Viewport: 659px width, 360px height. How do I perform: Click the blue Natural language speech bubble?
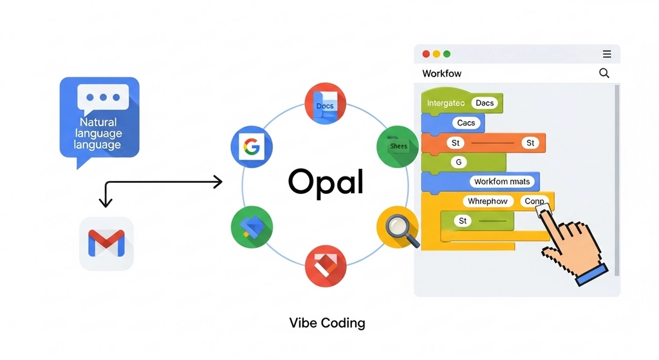click(x=99, y=119)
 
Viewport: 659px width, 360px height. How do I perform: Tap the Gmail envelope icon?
click(x=106, y=243)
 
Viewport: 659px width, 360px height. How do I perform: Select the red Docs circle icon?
click(x=325, y=104)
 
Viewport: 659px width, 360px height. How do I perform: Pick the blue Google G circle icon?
click(x=251, y=147)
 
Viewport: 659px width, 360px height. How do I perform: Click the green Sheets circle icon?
click(x=397, y=146)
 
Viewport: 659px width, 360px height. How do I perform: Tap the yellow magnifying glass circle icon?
click(x=397, y=227)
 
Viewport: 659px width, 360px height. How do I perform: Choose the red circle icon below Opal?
click(x=325, y=265)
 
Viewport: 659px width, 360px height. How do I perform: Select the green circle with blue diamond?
click(x=252, y=227)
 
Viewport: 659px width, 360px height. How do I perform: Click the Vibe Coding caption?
click(x=327, y=323)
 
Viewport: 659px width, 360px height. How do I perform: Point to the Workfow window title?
click(x=441, y=73)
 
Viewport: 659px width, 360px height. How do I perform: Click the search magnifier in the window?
click(x=604, y=73)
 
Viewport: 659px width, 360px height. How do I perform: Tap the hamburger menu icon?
click(x=606, y=54)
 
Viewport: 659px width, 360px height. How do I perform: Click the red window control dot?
click(x=425, y=54)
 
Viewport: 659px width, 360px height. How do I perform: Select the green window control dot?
click(x=447, y=54)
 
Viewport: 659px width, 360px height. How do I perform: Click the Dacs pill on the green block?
click(x=485, y=103)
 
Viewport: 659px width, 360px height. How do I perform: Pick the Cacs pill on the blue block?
click(x=466, y=123)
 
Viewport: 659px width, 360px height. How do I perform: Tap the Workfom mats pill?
click(x=501, y=182)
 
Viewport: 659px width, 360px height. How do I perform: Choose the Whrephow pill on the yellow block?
click(x=487, y=202)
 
